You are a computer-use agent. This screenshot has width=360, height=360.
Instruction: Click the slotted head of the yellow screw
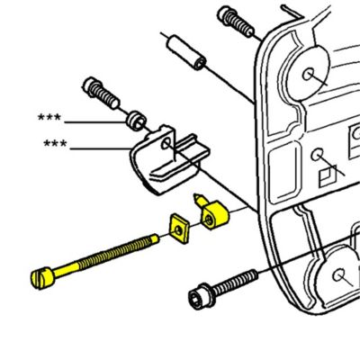42,275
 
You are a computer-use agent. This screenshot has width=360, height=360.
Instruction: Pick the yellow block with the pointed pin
211,214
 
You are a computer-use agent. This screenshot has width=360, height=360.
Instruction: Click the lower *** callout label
57,144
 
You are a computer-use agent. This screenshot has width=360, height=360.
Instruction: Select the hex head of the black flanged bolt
199,296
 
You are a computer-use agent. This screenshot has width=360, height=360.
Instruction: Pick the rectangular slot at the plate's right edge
352,140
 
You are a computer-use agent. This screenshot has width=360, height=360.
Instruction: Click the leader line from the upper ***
94,121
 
